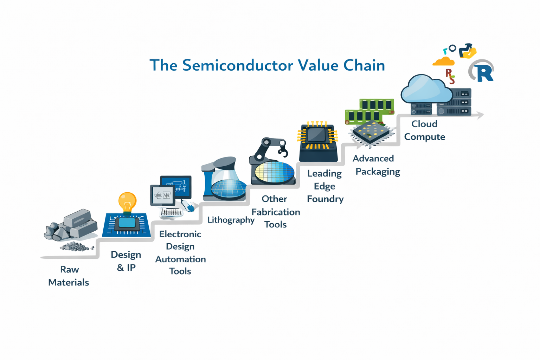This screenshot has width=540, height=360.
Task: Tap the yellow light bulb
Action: pyautogui.click(x=127, y=201)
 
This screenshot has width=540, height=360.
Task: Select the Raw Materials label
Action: pyautogui.click(x=69, y=276)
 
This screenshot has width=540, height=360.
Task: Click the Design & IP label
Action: pyautogui.click(x=126, y=261)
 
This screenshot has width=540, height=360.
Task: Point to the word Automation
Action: pyautogui.click(x=180, y=259)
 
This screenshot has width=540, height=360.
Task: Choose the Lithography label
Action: pyautogui.click(x=231, y=220)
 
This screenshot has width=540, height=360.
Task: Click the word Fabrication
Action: pyautogui.click(x=276, y=212)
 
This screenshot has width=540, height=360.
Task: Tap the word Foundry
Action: pyautogui.click(x=325, y=199)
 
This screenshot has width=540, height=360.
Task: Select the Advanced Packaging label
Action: pyautogui.click(x=375, y=165)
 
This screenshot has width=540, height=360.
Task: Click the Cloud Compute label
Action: pyautogui.click(x=424, y=130)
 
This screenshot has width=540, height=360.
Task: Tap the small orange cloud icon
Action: pyautogui.click(x=444, y=62)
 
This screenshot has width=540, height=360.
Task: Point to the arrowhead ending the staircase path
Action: pyautogui.click(x=480, y=115)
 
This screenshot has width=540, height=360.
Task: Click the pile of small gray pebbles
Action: pyautogui.click(x=76, y=247)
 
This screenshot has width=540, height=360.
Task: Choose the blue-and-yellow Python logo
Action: pyautogui.click(x=468, y=51)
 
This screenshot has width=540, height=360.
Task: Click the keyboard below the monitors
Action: pyautogui.click(x=172, y=212)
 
